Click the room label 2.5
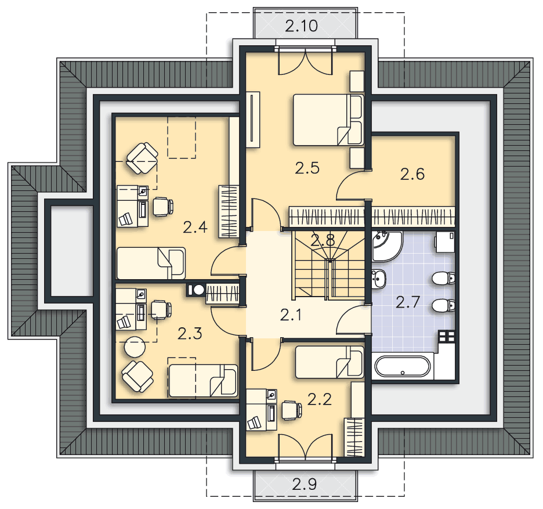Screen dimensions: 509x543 307,168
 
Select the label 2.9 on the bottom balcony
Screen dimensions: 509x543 304,483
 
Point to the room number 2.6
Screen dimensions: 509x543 412,174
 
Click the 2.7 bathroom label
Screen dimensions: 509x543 408,301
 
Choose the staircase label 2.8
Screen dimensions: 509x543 322,240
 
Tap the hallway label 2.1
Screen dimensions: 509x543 292,315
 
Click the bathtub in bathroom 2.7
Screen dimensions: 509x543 403,367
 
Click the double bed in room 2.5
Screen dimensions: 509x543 327,120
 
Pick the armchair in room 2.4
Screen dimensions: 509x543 142,158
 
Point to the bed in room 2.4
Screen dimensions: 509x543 151,263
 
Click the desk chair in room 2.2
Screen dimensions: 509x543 291,410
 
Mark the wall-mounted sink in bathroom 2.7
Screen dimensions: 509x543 379,279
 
